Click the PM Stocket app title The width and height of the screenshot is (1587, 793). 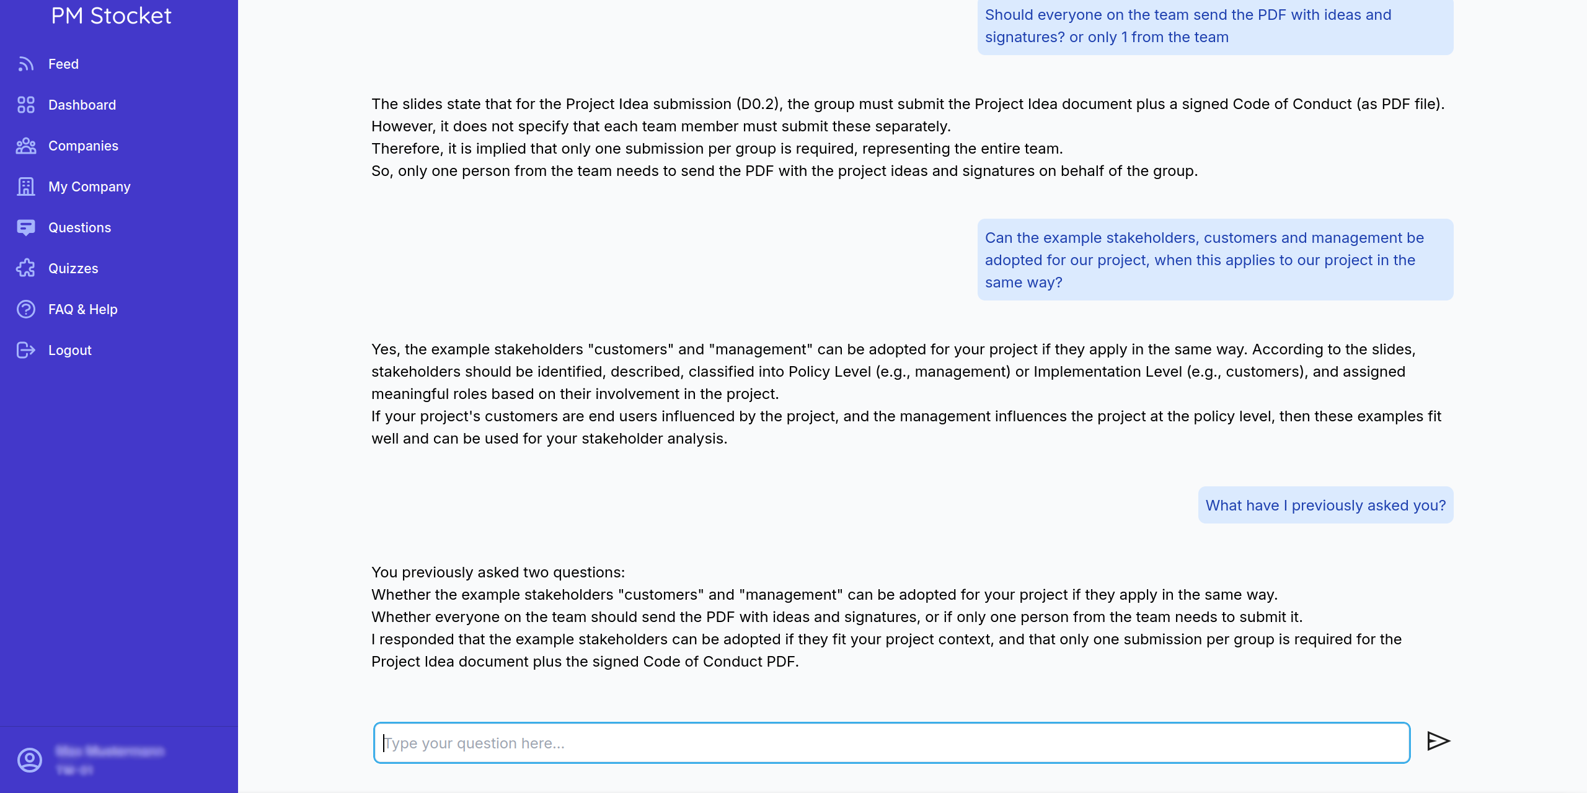pos(111,16)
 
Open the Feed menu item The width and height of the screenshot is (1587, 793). pos(63,64)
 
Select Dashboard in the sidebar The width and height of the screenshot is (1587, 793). pos(82,105)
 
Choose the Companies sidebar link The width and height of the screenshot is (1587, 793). pos(83,146)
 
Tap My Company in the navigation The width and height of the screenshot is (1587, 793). pos(89,187)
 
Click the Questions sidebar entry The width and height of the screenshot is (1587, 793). pos(79,228)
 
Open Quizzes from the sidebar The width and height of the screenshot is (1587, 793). pos(73,269)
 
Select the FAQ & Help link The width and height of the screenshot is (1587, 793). pos(82,310)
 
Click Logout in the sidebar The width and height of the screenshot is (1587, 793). pos(69,351)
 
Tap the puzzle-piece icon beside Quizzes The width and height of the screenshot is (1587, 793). pos(26,268)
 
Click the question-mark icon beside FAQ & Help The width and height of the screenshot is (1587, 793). pos(26,309)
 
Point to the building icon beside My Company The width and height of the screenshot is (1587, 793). pos(26,186)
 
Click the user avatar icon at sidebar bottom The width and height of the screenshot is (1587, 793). pos(30,760)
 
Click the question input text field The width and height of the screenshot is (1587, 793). pos(891,743)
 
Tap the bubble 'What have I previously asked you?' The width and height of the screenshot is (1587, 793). pos(1325,506)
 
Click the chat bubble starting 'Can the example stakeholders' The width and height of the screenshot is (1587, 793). pos(1215,260)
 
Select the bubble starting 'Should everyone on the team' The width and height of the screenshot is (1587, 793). pos(1215,26)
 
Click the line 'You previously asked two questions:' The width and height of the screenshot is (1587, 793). pos(498,572)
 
